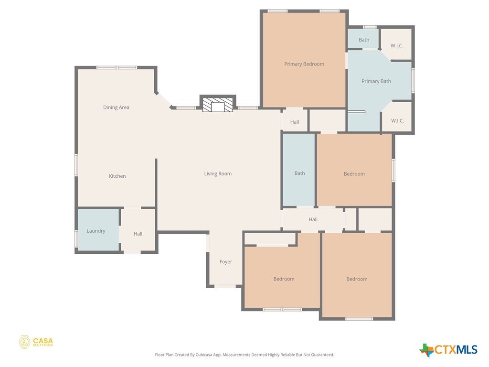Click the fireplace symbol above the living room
218,105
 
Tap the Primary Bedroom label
304,64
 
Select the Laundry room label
96,231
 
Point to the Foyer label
226,262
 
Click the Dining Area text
116,108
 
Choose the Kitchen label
117,176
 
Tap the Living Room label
218,174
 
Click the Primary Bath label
376,81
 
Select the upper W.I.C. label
397,45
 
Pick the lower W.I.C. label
397,121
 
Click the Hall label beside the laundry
138,234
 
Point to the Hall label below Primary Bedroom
295,122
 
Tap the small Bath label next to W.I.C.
364,40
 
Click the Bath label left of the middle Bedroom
300,173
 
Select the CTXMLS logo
448,349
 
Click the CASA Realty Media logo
36,342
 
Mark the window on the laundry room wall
76,239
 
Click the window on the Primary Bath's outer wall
413,80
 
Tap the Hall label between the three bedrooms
313,220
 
